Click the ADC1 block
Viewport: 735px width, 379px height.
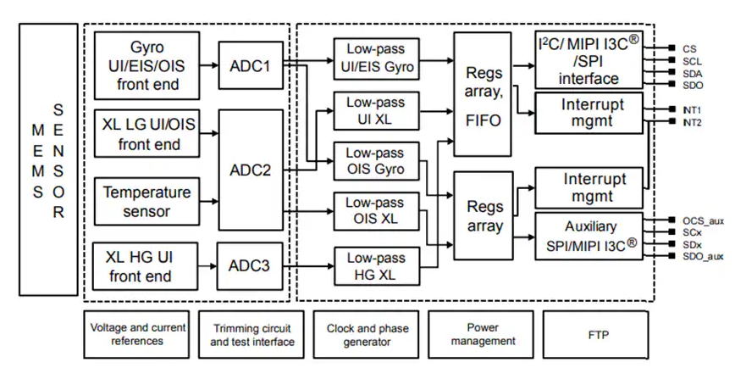250,64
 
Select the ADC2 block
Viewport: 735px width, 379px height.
250,170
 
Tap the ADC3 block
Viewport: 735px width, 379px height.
250,265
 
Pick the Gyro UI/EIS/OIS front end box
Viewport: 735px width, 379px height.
148,64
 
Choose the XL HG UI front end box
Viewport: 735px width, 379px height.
148,265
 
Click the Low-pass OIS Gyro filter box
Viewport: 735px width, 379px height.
376,160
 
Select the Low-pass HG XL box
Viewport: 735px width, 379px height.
376,265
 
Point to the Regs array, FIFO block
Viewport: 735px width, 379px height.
484,93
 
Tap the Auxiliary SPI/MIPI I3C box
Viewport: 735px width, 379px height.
590,237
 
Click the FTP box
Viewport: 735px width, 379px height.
596,334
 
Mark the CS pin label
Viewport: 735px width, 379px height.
689,48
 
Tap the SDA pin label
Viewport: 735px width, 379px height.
691,74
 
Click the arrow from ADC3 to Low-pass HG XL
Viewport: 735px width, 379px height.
307,265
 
